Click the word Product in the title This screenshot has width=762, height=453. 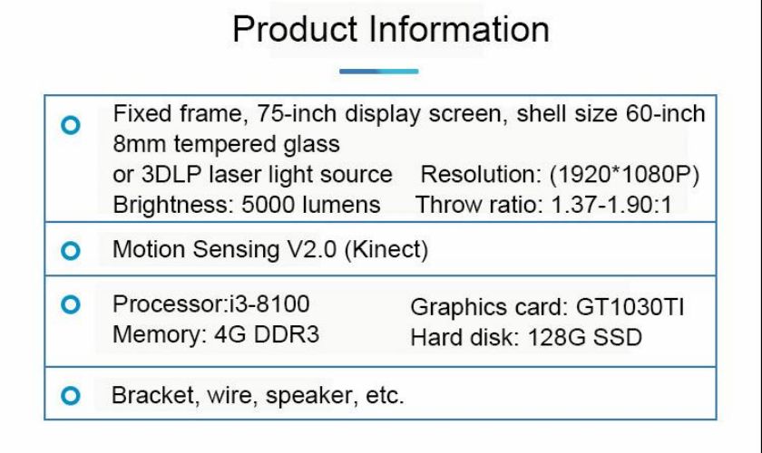(295, 29)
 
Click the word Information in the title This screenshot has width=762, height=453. (459, 29)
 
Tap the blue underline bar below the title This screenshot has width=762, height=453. (378, 72)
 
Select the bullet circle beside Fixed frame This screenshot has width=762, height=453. (71, 125)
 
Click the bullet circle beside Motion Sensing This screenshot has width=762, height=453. (71, 251)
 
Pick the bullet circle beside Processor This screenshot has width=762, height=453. (71, 304)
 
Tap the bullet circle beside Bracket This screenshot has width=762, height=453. (71, 395)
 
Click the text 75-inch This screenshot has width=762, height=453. (297, 113)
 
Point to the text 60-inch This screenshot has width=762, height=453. (665, 113)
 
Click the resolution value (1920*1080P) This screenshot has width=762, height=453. (624, 175)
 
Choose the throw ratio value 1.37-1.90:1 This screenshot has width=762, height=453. (611, 205)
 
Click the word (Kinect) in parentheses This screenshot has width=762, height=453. (386, 249)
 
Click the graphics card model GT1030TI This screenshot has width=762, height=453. (630, 307)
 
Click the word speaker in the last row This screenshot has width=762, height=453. (309, 396)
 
